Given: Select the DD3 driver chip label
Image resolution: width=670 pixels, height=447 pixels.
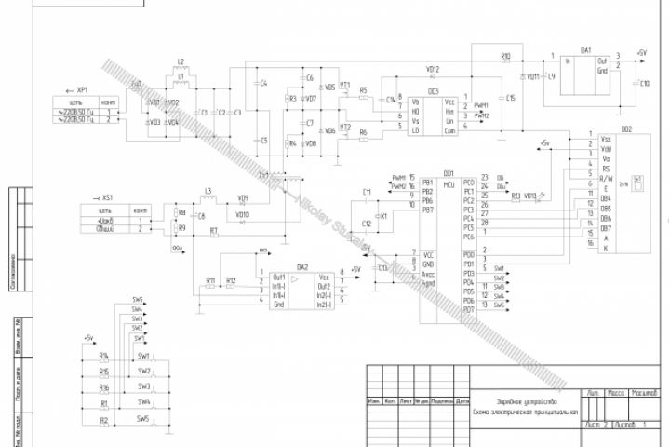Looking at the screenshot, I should pyautogui.click(x=433, y=91).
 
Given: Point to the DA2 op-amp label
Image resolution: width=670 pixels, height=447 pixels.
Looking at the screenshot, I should pyautogui.click(x=301, y=267).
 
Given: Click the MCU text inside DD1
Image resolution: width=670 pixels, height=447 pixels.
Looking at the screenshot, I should pyautogui.click(x=449, y=184).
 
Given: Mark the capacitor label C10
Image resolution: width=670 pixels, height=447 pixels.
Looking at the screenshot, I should pyautogui.click(x=645, y=83).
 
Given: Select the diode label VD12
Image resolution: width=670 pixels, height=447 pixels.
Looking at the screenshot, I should pyautogui.click(x=433, y=69).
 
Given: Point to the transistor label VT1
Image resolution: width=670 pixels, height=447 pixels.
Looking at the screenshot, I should pyautogui.click(x=345, y=85).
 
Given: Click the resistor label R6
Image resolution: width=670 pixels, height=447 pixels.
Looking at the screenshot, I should pyautogui.click(x=363, y=133).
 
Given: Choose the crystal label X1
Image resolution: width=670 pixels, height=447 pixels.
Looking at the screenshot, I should pyautogui.click(x=383, y=214).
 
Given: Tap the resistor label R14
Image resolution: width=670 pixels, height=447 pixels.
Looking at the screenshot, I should pyautogui.click(x=104, y=355).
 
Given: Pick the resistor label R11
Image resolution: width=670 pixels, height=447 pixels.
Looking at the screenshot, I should pyautogui.click(x=210, y=279).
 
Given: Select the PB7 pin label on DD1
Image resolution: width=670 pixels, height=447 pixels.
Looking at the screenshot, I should pyautogui.click(x=427, y=210).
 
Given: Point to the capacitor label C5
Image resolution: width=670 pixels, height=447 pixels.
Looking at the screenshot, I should pyautogui.click(x=264, y=140).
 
